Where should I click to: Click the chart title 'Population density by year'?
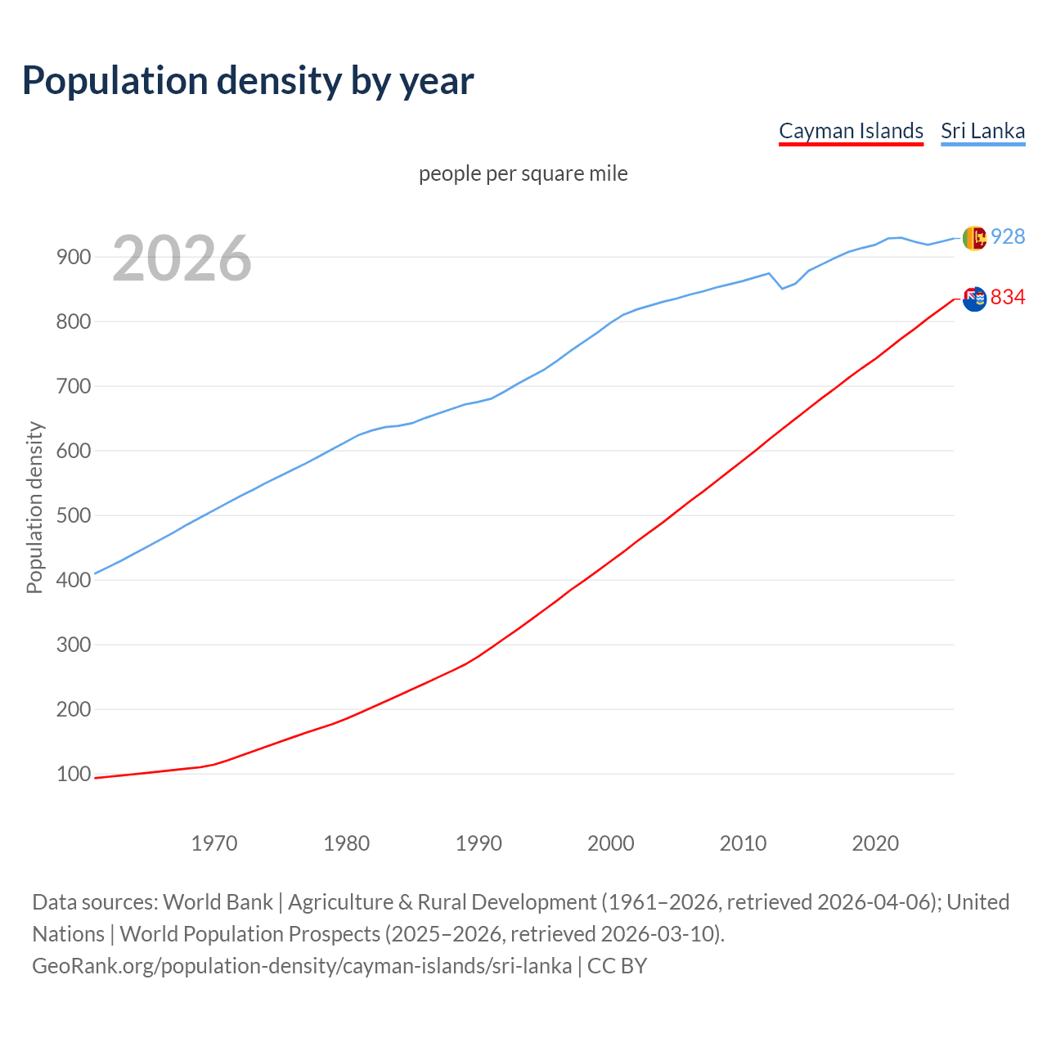248,80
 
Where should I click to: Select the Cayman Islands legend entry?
851,131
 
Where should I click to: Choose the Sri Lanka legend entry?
982,131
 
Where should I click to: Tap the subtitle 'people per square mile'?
523,173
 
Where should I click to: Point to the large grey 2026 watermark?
182,258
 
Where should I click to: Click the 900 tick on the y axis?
73,257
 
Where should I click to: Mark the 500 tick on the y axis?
73,515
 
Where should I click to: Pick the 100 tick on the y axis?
73,774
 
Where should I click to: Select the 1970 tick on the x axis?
214,843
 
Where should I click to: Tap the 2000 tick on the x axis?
611,843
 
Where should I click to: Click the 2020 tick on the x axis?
875,843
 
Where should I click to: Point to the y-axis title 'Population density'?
34,507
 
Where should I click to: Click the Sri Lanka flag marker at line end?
974,238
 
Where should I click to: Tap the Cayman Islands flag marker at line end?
974,299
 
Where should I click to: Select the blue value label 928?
1008,236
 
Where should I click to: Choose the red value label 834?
1008,297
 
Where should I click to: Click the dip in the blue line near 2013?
782,288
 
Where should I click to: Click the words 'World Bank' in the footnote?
218,901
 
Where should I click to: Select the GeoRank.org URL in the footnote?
302,965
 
